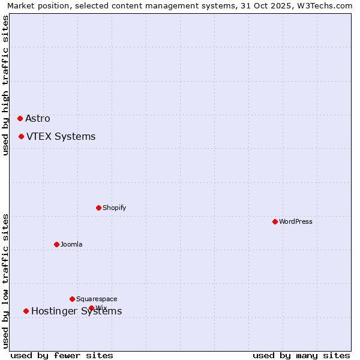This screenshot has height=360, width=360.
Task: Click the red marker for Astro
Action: point(20,118)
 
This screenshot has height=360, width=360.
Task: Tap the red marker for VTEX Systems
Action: point(21,136)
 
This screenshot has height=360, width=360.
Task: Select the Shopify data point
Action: point(98,208)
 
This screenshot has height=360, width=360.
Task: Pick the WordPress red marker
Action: point(275,221)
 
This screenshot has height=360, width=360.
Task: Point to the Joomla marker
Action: point(56,244)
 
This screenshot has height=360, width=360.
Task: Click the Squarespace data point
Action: point(72,299)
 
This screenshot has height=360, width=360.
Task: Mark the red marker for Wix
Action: point(91,308)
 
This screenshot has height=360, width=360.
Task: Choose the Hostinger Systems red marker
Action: point(26,311)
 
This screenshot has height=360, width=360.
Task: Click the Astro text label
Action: point(38,119)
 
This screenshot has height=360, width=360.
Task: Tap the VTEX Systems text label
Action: point(61,137)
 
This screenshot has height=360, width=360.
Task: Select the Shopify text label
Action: point(114,208)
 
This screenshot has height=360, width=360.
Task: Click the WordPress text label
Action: point(296,222)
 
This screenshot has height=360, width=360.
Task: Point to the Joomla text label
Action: point(71,245)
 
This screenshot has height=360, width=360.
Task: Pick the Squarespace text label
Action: point(97,299)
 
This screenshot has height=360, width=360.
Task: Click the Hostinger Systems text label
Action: point(76,311)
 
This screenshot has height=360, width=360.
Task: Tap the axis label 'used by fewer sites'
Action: point(62,355)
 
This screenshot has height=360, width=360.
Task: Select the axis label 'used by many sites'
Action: point(301,355)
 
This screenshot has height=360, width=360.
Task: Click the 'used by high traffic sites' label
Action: point(6,85)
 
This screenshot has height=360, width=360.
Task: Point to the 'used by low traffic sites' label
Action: point(6,281)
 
